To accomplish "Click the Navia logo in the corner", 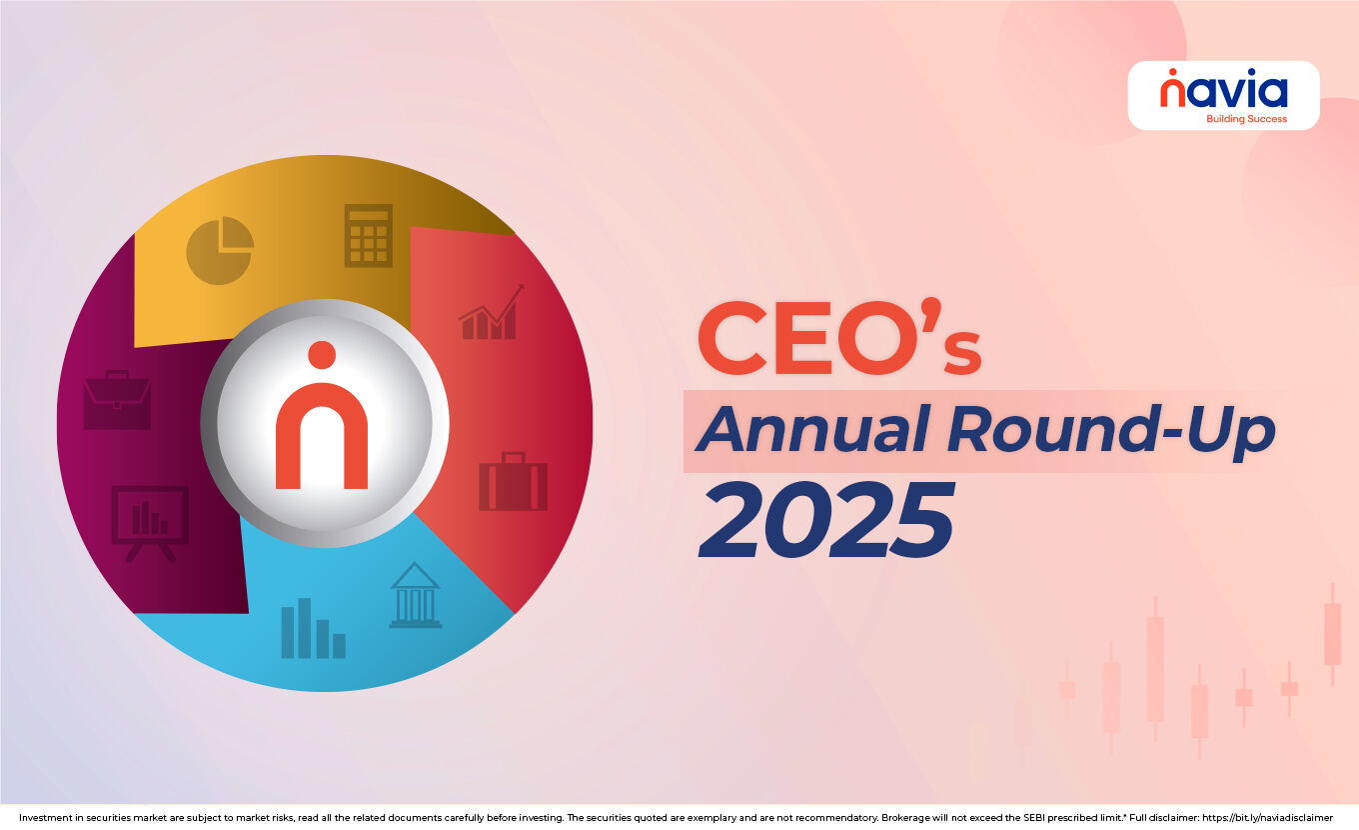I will click(x=1223, y=93).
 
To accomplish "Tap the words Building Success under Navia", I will click(x=1246, y=119).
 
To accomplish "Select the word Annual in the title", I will click(x=813, y=431).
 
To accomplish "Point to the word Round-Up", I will click(x=1110, y=431).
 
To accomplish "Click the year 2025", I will click(x=825, y=521).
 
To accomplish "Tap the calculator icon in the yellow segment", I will click(x=368, y=236).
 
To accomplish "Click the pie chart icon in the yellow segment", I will click(x=220, y=250).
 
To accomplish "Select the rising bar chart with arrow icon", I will click(x=491, y=313).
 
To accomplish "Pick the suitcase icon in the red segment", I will click(x=513, y=481).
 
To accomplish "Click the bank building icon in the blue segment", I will click(x=415, y=595).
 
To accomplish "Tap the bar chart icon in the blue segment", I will click(x=313, y=629).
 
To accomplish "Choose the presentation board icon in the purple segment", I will click(x=150, y=521).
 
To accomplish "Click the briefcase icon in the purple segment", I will click(x=117, y=400).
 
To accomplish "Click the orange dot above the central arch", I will click(x=322, y=355).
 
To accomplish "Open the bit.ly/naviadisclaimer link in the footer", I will click(x=1267, y=817).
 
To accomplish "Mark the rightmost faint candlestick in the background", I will click(x=1332, y=634).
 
